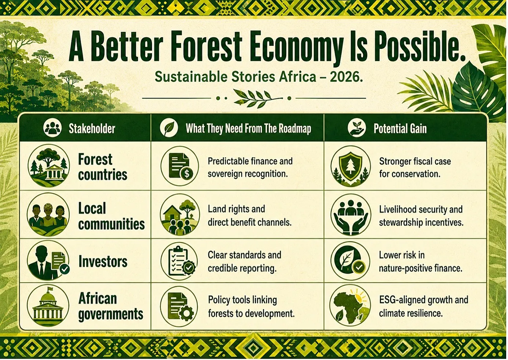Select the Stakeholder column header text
[x=92, y=129]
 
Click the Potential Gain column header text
[x=400, y=129]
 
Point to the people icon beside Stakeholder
[x=52, y=128]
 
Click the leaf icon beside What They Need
[x=169, y=128]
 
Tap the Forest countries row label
[x=102, y=167]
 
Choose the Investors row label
[x=103, y=261]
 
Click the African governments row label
[x=111, y=306]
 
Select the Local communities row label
[x=111, y=216]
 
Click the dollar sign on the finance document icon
[x=186, y=174]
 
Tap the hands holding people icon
[x=351, y=215]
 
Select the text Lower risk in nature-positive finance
[x=421, y=262]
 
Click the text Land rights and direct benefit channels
[x=250, y=216]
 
